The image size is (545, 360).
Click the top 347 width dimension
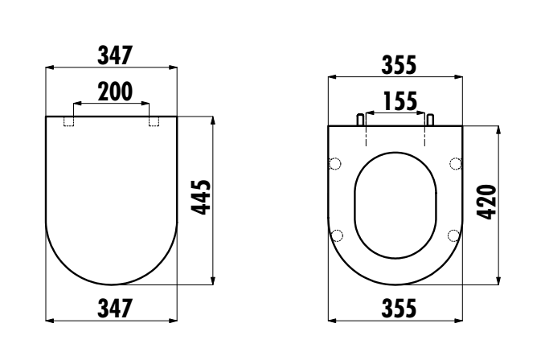(x=115, y=55)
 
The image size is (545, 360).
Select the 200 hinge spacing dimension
(x=115, y=92)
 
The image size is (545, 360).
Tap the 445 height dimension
(x=201, y=198)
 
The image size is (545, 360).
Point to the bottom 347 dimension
(x=115, y=309)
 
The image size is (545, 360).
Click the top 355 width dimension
(x=399, y=65)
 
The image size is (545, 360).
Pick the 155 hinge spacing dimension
(x=400, y=101)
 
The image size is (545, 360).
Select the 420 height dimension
(x=486, y=202)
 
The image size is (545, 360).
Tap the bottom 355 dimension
(x=399, y=309)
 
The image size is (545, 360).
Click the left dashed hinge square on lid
(x=69, y=121)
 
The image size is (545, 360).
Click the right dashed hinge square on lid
(x=154, y=121)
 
